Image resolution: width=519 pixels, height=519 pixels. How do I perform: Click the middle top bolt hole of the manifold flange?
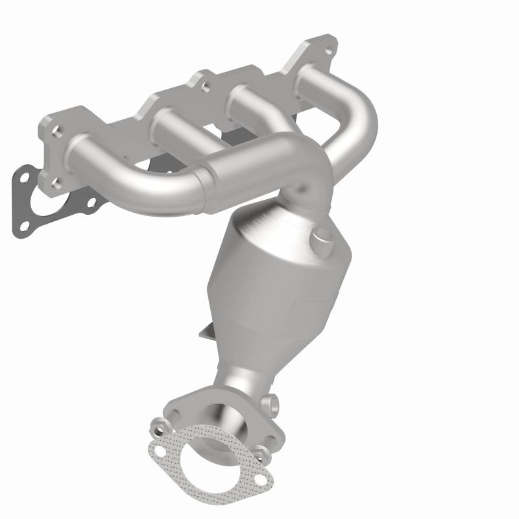205,84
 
